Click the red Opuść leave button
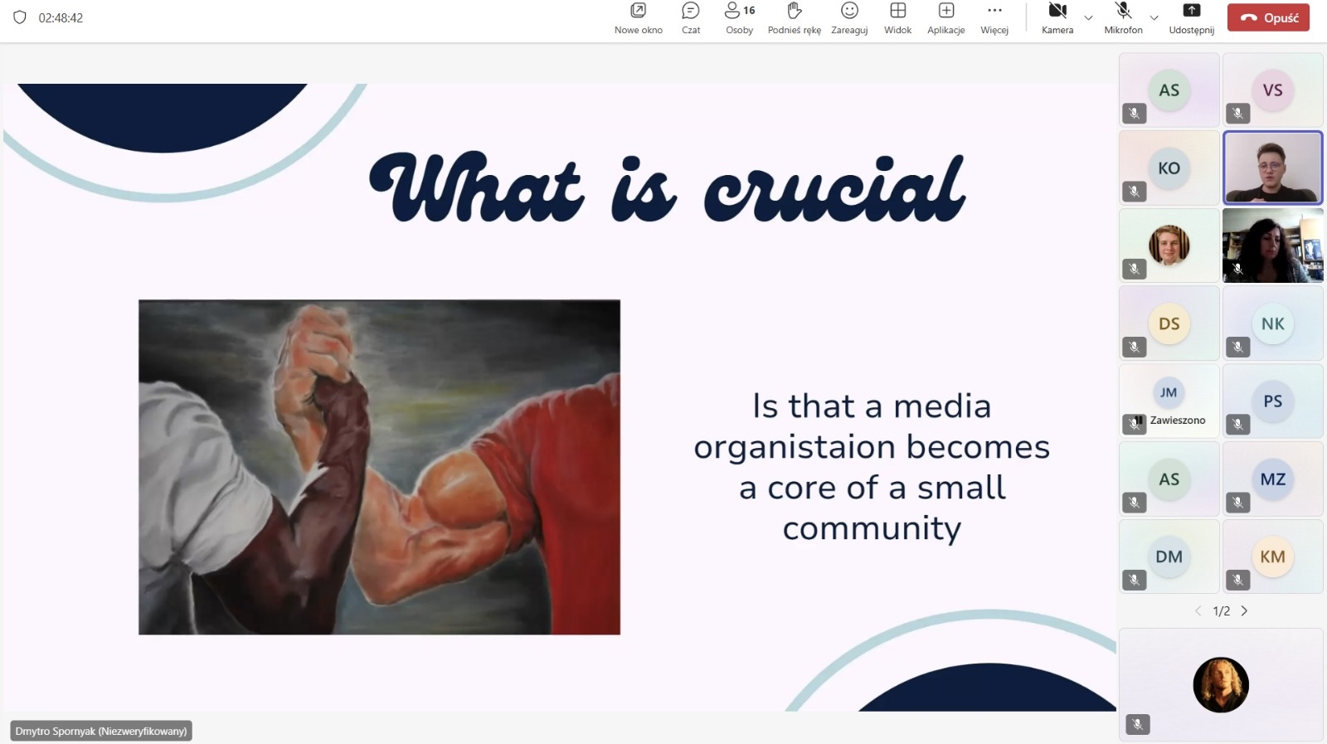(1268, 17)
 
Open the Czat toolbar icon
(691, 11)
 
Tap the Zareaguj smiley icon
(849, 11)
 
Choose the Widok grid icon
(898, 11)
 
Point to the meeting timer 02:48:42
(61, 17)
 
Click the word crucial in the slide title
(834, 188)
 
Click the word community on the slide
(872, 528)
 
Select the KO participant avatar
(1169, 168)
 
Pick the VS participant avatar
(1272, 90)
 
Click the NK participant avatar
(1272, 323)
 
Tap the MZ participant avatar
(1272, 479)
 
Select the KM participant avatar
(1272, 557)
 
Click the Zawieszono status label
(1178, 420)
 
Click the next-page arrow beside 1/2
(1244, 610)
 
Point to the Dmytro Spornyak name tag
(101, 731)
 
